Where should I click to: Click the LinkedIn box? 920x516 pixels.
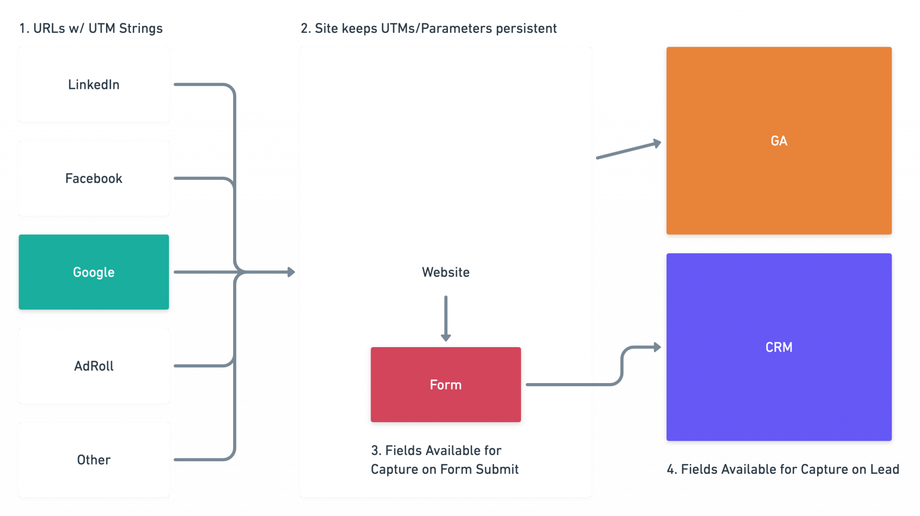[x=93, y=84]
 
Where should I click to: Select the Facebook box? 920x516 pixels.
[x=93, y=178]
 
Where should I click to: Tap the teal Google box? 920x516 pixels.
[x=93, y=272]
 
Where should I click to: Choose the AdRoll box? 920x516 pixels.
[x=93, y=366]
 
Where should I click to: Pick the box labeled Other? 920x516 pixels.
[x=93, y=460]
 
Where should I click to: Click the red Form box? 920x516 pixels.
[x=445, y=385]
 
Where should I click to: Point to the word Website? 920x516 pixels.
[x=445, y=272]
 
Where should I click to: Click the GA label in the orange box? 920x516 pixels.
[x=778, y=141]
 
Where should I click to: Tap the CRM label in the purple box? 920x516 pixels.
[x=778, y=347]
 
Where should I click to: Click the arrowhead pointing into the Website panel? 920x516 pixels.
[x=292, y=272]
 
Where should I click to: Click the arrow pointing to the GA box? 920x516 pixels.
[x=629, y=150]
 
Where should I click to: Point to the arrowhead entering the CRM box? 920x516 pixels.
[x=658, y=347]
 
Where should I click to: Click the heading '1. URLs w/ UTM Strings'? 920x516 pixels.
[x=91, y=29]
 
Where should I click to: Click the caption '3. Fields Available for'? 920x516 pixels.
[x=436, y=450]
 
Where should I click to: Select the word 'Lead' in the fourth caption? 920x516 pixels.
[x=885, y=469]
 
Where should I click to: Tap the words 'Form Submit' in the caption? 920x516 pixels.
[x=479, y=469]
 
